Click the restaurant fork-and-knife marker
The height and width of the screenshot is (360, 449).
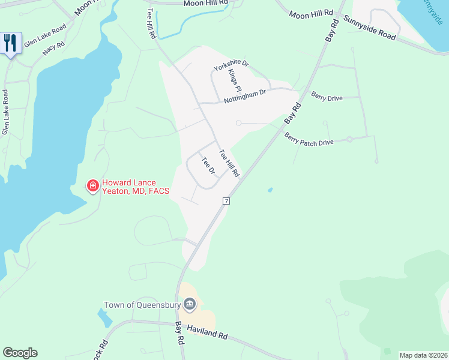(x=11, y=43)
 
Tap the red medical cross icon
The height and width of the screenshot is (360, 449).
(x=92, y=186)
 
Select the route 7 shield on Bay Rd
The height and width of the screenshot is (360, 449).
(x=226, y=200)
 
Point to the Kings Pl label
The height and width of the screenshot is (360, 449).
(x=234, y=80)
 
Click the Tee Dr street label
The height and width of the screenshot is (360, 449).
(x=208, y=166)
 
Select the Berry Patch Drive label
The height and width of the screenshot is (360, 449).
(x=309, y=140)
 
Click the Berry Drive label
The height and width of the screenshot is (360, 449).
(x=327, y=96)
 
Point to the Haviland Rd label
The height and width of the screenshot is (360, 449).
(x=207, y=331)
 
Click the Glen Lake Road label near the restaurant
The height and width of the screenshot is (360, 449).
(x=45, y=37)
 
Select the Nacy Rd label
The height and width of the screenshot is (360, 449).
(x=53, y=48)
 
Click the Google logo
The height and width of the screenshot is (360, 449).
(x=20, y=353)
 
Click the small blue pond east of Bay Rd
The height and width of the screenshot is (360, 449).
(x=270, y=190)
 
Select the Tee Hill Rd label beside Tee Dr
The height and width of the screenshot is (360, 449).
(x=229, y=163)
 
